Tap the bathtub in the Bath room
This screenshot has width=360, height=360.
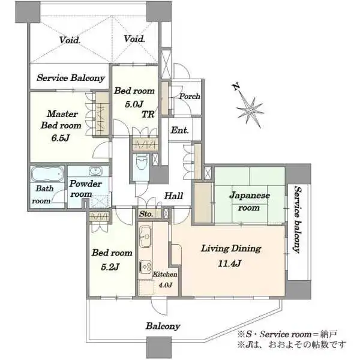click(47, 174)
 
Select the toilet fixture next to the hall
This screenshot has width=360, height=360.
click(141, 162)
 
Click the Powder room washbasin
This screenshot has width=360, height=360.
click(96, 171)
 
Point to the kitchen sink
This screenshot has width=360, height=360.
click(145, 236)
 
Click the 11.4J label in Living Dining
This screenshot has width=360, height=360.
click(229, 263)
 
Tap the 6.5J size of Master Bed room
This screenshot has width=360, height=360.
click(61, 138)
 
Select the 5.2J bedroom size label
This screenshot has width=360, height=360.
click(110, 267)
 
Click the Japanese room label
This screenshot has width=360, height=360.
click(250, 202)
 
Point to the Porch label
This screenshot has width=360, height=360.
click(190, 96)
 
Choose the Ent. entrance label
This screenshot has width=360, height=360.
click(180, 130)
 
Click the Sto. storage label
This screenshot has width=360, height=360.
click(146, 214)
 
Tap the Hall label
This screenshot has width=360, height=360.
click(173, 196)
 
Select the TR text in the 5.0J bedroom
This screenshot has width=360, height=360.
click(148, 114)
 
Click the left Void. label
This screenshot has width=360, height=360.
click(70, 40)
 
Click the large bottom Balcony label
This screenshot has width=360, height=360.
click(163, 326)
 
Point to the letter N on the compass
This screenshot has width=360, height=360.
click(236, 86)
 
